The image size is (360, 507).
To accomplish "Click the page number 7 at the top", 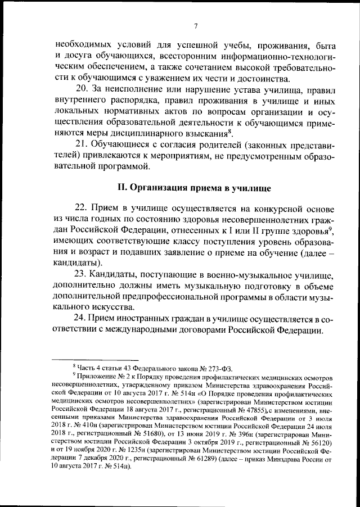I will pos(195,25).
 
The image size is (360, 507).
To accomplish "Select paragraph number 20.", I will pos(82,90).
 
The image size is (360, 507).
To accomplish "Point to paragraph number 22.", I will pos(82,207).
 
